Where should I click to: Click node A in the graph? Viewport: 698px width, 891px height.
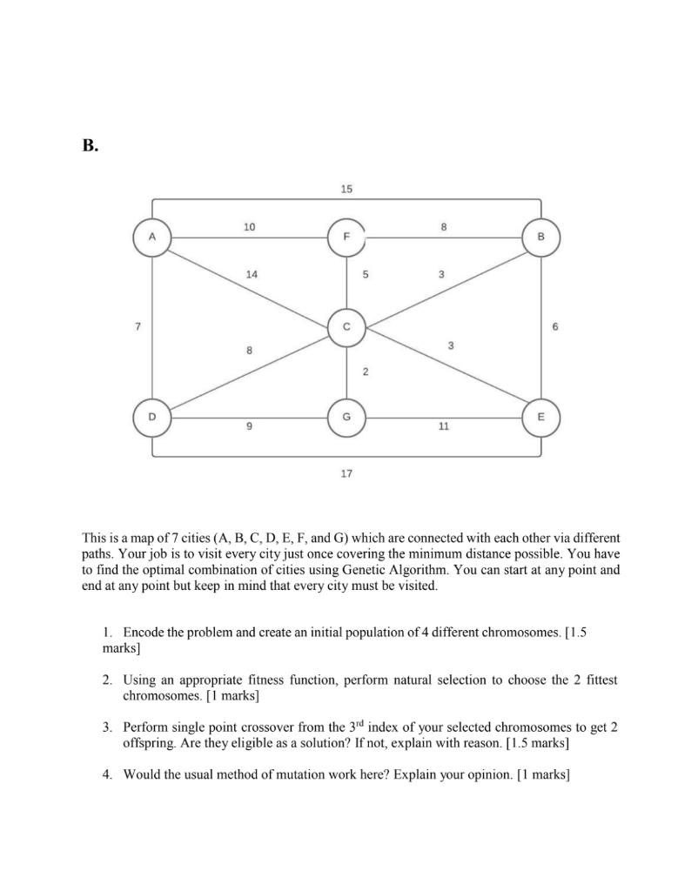[x=152, y=236]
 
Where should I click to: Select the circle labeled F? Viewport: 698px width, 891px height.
[x=346, y=237]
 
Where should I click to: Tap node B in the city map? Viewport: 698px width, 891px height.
[x=540, y=237]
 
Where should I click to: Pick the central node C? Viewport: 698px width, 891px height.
[x=346, y=327]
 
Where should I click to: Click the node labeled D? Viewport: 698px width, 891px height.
[x=152, y=418]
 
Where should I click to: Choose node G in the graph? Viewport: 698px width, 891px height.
[x=346, y=418]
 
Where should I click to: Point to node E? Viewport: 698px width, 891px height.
[x=540, y=418]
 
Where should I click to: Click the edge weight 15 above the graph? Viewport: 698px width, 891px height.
[x=346, y=189]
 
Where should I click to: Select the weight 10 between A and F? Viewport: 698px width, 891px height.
[x=250, y=227]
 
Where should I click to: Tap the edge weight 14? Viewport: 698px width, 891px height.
[x=252, y=274]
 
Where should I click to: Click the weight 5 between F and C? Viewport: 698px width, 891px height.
[x=366, y=274]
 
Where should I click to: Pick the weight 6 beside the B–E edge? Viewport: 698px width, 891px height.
[x=555, y=327]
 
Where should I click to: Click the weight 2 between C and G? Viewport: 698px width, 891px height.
[x=366, y=372]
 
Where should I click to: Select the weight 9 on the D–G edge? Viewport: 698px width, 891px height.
[x=250, y=427]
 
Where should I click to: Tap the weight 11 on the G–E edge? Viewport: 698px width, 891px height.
[x=444, y=427]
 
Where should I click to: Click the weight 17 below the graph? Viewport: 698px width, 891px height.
[x=346, y=473]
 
